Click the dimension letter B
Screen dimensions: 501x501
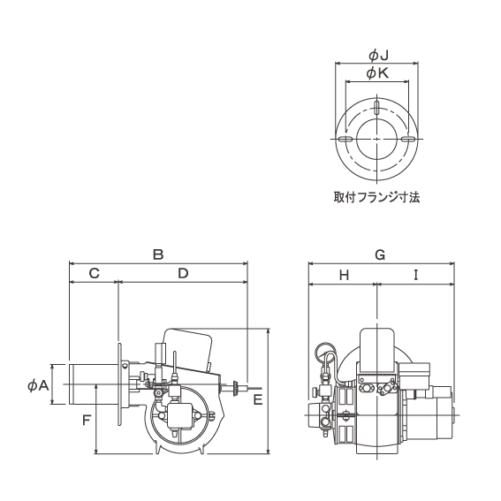tap(158, 254)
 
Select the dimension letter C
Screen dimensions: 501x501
tap(94, 274)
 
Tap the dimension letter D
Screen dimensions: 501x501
tap(183, 274)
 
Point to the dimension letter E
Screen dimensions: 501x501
tap(258, 399)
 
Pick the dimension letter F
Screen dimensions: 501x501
tap(87, 420)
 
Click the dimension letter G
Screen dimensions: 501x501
tap(380, 255)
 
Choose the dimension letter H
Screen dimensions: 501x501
tap(344, 275)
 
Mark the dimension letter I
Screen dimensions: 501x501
tap(415, 275)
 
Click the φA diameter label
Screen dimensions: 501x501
tap(38, 386)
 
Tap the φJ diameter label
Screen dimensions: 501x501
tap(378, 57)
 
